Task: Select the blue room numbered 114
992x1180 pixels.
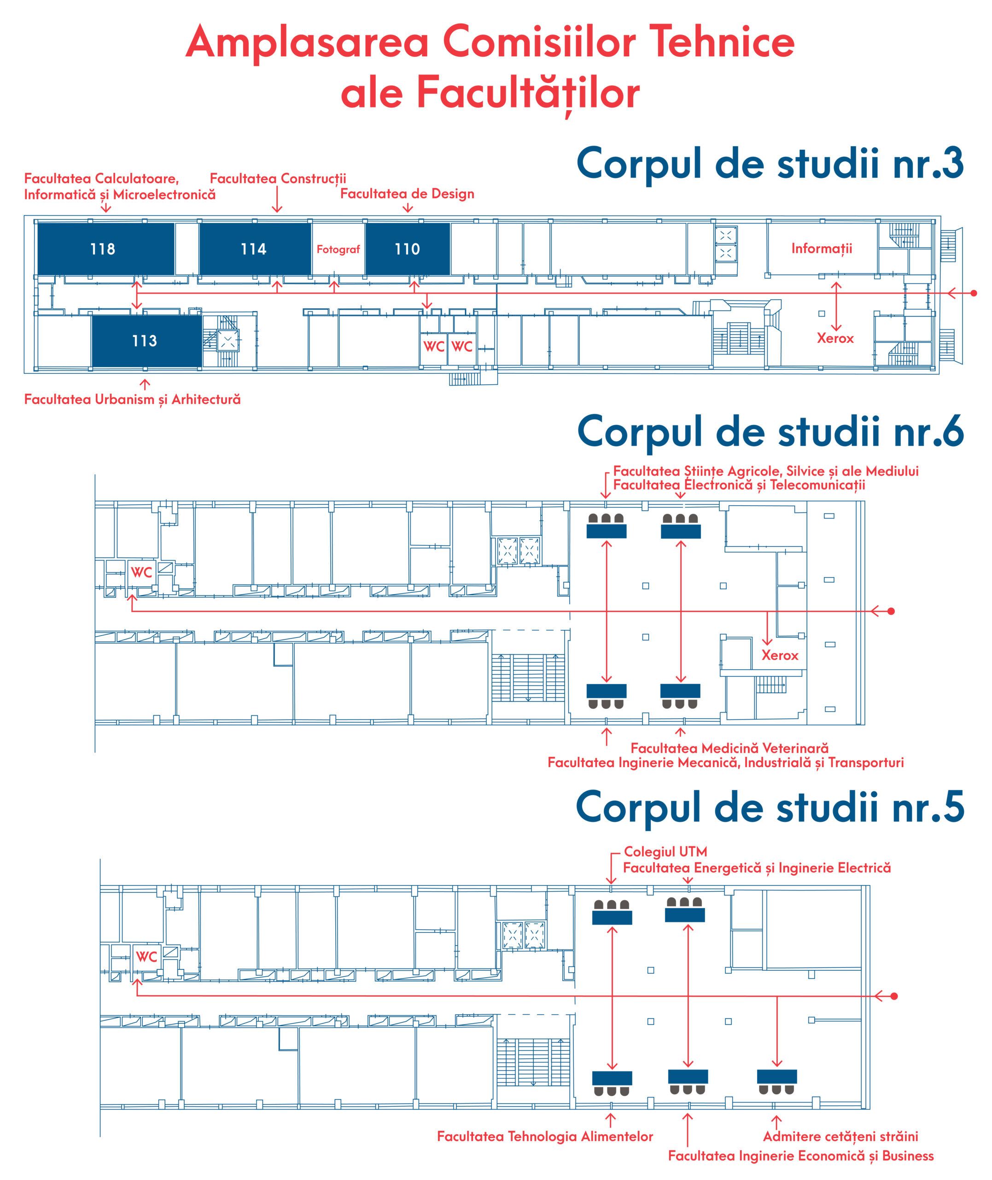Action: pos(255,249)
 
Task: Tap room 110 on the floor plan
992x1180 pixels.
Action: pos(408,249)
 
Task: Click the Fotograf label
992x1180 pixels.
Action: pos(338,249)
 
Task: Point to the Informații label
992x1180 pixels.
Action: pos(822,249)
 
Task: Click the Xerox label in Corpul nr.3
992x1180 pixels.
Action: pos(835,338)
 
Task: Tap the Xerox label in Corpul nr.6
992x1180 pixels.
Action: pos(780,655)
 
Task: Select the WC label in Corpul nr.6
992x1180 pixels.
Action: pos(141,572)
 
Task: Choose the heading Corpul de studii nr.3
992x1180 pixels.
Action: pos(770,164)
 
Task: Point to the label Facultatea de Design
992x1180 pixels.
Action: pos(407,194)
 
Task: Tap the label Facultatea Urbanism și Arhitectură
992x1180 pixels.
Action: pos(132,400)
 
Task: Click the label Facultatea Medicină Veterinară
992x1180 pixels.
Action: pos(729,748)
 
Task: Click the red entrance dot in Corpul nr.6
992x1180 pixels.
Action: pos(891,611)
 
